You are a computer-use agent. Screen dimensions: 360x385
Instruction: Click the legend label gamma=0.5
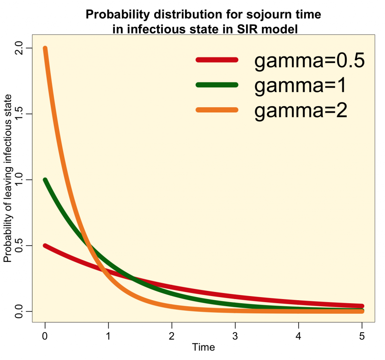point(309,61)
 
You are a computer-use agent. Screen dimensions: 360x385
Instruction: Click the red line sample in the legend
point(217,60)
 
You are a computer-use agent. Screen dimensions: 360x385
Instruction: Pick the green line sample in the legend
point(217,85)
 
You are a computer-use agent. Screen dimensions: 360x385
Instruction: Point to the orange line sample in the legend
point(217,110)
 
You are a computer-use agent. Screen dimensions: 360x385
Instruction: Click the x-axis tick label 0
point(45,336)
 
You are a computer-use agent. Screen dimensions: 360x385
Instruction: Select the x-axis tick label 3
point(235,336)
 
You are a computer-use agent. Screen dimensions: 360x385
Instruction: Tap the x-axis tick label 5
point(362,336)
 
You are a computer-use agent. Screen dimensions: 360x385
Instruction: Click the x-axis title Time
point(203,347)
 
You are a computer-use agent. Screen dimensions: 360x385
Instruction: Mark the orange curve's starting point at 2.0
point(45,49)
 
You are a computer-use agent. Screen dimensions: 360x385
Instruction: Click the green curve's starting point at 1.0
point(45,180)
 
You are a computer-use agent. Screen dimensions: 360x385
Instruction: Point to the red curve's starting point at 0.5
point(45,246)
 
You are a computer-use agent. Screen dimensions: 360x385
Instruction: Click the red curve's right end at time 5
point(362,306)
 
